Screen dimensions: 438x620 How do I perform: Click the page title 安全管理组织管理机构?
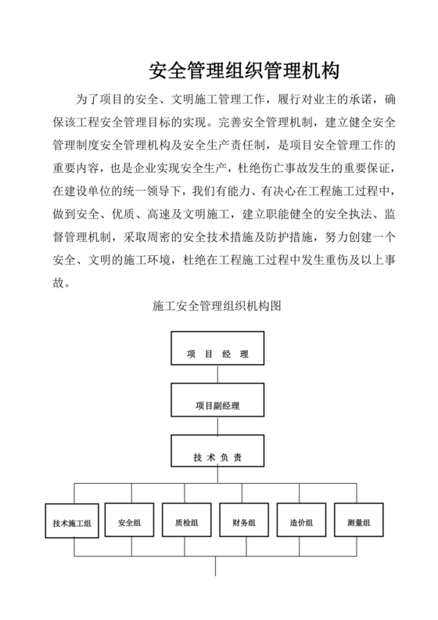click(x=243, y=73)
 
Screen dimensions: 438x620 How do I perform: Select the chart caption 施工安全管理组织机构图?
click(x=217, y=308)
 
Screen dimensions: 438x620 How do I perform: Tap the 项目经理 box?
click(x=217, y=354)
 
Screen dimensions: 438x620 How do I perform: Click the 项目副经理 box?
click(x=217, y=406)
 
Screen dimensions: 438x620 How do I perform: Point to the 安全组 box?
click(x=130, y=522)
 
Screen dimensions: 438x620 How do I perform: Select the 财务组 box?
click(x=245, y=522)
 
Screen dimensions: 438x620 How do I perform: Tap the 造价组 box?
click(x=302, y=522)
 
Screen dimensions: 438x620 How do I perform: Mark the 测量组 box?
click(x=359, y=522)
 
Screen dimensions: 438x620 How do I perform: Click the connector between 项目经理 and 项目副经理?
click(x=217, y=377)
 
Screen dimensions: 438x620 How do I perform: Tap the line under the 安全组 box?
click(x=130, y=549)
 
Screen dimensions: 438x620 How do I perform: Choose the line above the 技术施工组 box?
click(x=74, y=495)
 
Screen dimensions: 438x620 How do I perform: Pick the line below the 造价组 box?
click(x=302, y=549)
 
